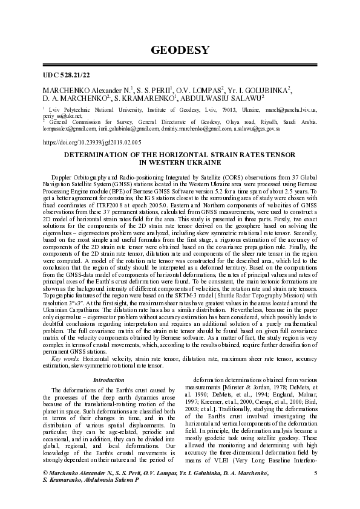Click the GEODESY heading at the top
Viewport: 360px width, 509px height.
tap(180, 50)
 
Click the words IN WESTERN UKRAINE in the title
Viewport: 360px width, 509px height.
tap(180, 163)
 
